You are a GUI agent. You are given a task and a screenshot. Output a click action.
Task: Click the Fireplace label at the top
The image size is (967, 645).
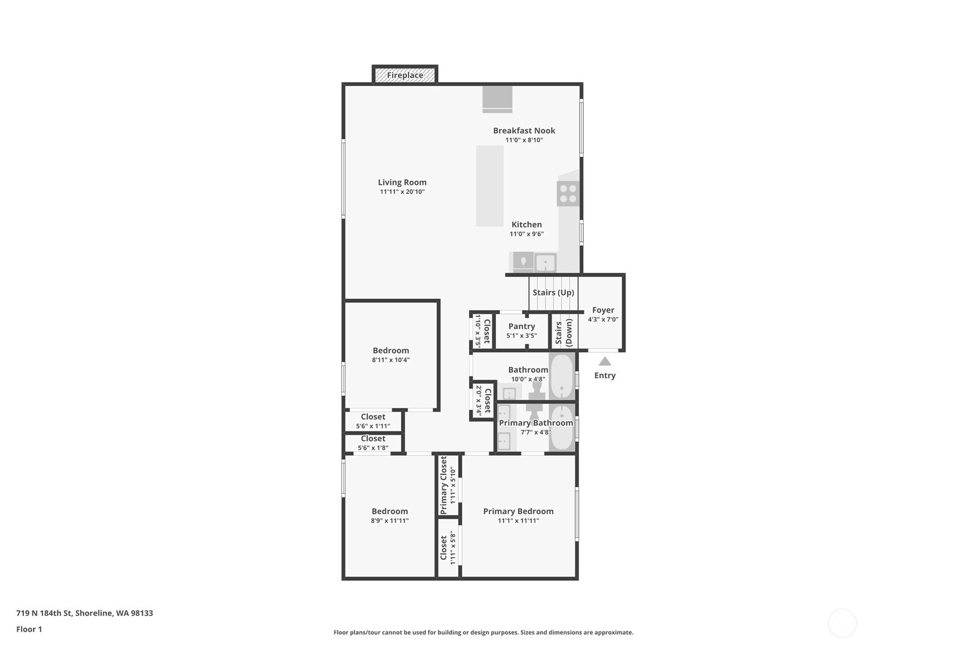(405, 75)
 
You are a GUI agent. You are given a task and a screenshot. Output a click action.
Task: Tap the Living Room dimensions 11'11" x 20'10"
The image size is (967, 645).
(402, 192)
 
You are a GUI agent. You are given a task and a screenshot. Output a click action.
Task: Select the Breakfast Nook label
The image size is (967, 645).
(524, 131)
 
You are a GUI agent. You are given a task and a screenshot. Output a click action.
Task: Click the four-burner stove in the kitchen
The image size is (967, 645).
(568, 193)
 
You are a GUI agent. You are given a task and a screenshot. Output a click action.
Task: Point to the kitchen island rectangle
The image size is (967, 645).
(489, 186)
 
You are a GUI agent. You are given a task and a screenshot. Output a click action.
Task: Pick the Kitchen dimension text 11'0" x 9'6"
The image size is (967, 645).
(527, 234)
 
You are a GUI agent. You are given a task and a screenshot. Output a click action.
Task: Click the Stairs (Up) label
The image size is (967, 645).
(553, 293)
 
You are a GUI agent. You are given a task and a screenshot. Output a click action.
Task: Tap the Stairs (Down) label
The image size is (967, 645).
(564, 332)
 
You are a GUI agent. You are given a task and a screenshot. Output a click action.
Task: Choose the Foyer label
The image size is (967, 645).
(603, 310)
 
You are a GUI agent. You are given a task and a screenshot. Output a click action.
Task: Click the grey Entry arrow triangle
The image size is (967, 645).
(605, 361)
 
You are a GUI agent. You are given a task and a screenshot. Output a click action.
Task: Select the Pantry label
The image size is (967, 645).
(521, 326)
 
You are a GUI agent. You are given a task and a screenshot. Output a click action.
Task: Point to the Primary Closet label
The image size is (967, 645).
(443, 485)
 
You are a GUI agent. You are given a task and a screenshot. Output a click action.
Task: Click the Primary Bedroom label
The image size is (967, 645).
(519, 511)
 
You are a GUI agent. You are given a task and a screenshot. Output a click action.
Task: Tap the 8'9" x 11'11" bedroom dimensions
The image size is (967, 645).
(390, 521)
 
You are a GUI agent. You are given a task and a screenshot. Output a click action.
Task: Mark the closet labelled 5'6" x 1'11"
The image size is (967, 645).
(373, 421)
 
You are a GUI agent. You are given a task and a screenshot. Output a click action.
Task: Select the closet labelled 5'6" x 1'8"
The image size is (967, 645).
(373, 443)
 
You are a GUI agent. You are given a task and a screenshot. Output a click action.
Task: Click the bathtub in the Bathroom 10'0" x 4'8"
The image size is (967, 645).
(562, 376)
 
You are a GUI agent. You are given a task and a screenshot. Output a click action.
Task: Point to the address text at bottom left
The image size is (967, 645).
(84, 613)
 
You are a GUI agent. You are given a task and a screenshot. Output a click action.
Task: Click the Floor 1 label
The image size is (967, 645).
(30, 629)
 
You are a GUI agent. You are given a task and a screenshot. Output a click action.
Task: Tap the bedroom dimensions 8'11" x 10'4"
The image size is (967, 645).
(391, 360)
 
